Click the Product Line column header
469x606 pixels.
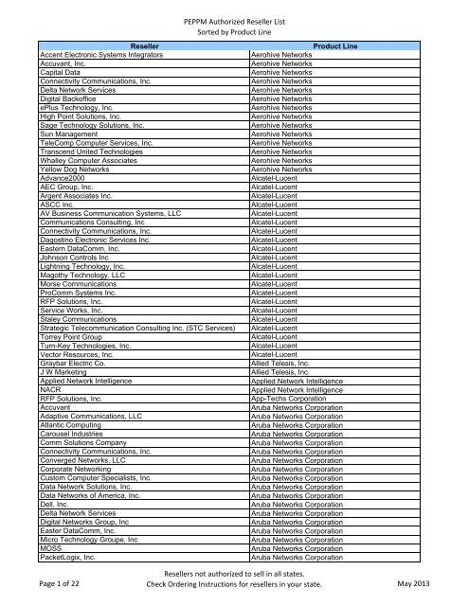(356, 44)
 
